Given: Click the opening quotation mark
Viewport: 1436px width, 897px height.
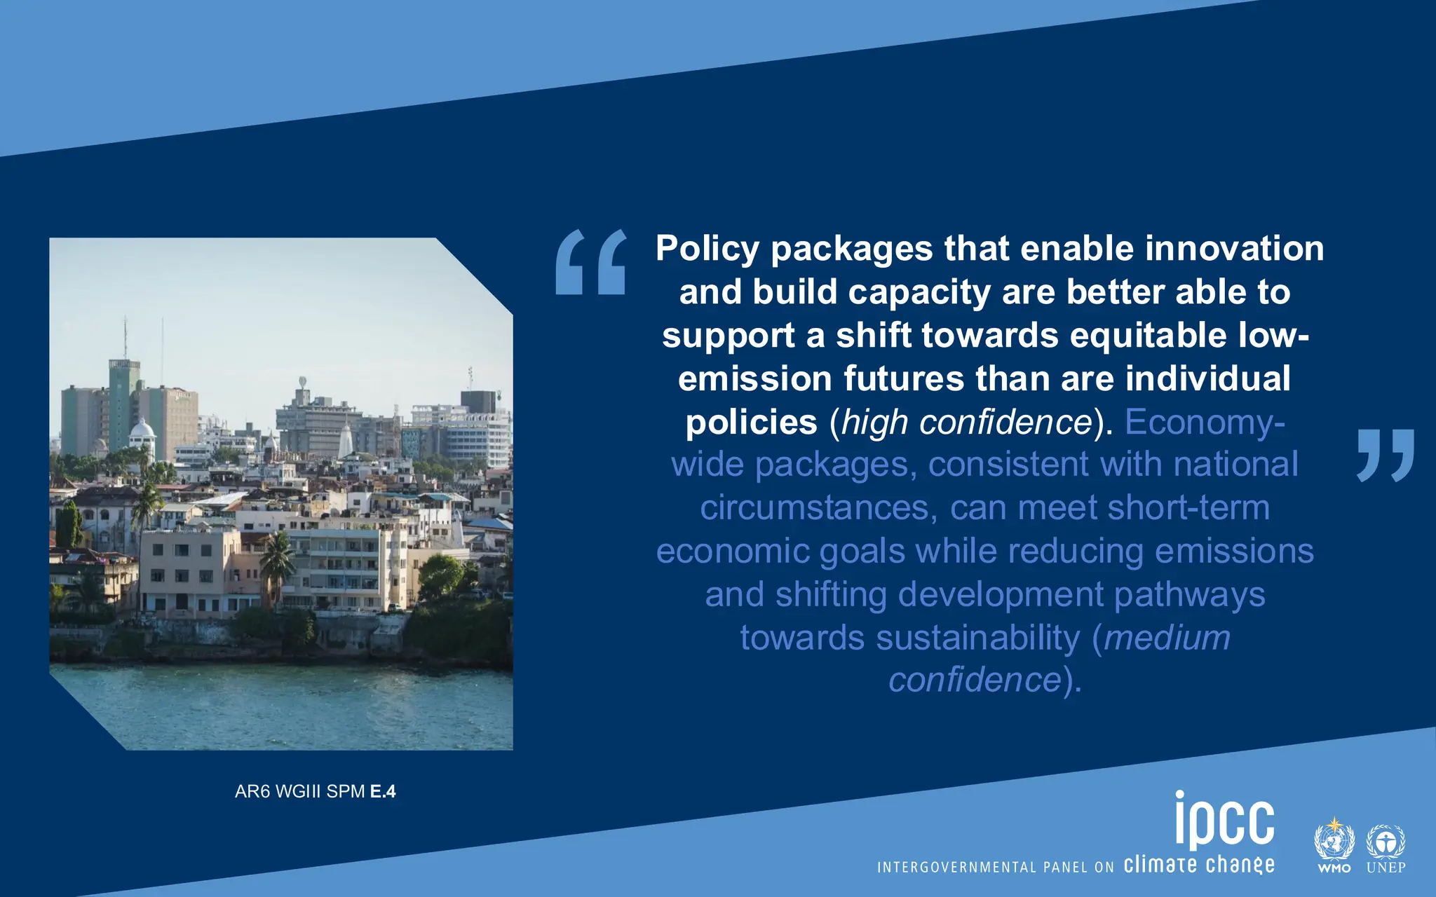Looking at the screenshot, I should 590,262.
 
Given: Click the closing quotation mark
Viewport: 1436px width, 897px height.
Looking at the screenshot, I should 1386,455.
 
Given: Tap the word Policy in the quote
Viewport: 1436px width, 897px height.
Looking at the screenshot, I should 707,249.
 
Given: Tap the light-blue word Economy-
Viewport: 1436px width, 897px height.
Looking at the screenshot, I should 1205,423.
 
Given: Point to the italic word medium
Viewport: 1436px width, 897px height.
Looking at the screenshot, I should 1167,638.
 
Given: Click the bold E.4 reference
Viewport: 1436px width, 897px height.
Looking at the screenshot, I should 383,792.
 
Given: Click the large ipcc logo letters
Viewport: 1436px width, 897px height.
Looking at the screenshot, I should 1224,820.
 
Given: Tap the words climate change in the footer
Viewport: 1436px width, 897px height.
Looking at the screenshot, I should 1199,865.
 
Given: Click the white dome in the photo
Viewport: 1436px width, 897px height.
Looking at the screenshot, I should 142,429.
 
